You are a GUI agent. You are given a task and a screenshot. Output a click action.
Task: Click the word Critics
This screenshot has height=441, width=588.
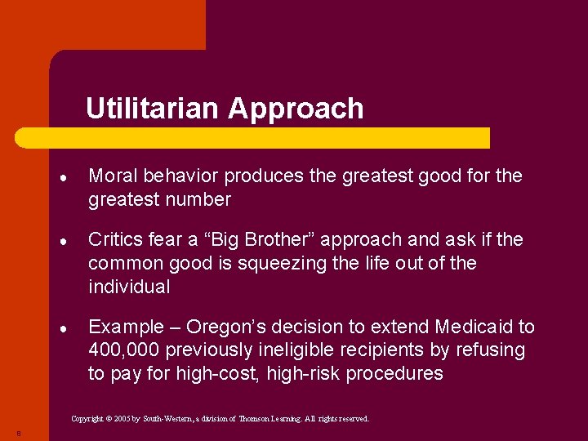[x=115, y=239]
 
